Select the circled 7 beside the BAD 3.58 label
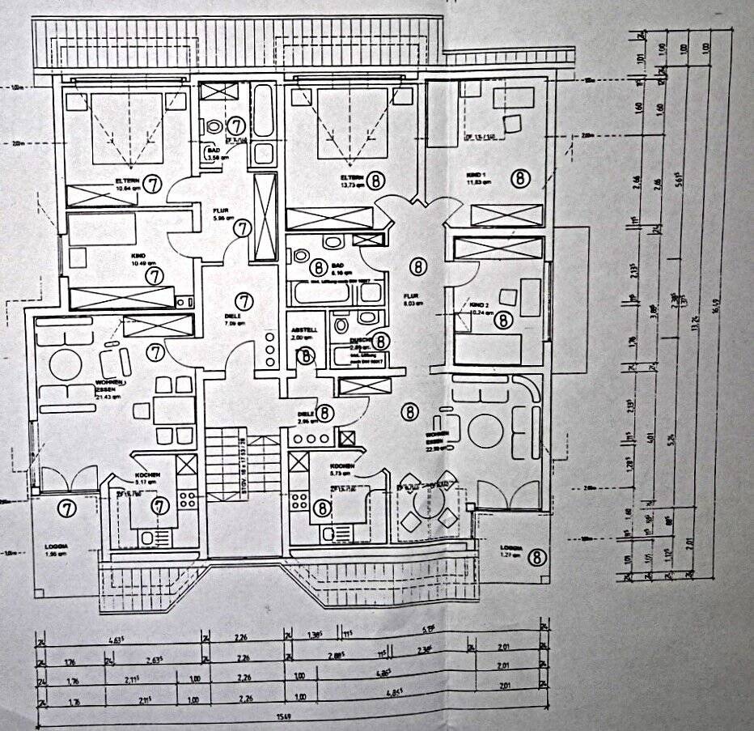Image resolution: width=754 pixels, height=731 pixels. pyautogui.click(x=236, y=125)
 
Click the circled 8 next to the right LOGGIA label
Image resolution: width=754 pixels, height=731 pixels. pyautogui.click(x=537, y=556)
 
